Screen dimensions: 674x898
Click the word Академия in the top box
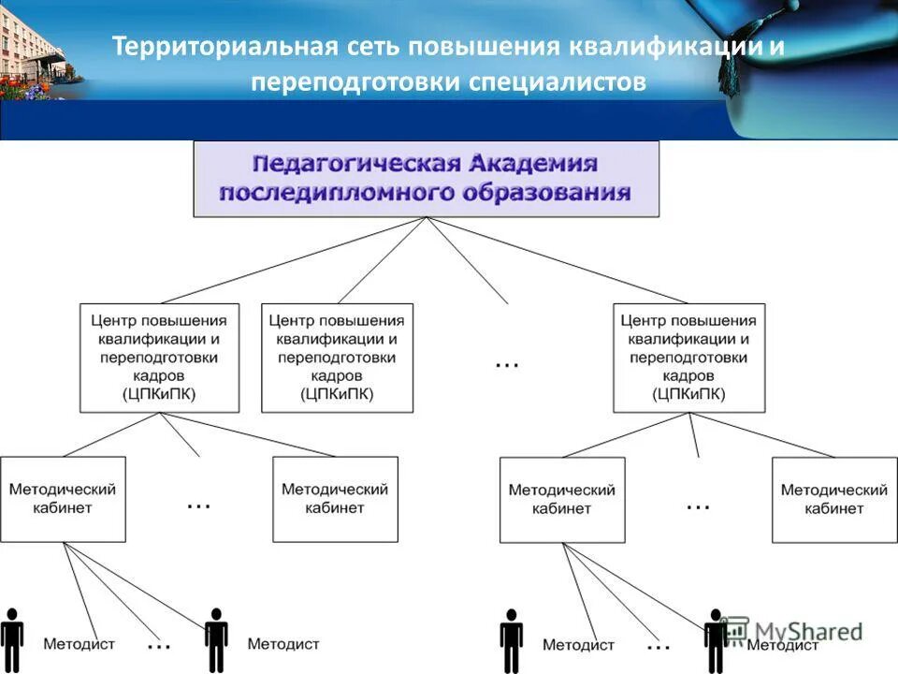point(533,164)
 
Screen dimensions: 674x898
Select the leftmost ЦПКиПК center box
point(159,357)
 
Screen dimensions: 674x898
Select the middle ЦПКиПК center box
point(337,357)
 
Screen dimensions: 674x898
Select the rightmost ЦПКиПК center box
point(688,357)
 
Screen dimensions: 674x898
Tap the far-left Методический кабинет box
point(63,499)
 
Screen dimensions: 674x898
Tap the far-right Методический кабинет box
point(833,499)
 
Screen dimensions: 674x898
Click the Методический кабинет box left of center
point(335,499)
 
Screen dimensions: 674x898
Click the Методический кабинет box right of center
point(562,499)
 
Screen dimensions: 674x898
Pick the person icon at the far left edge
point(11,639)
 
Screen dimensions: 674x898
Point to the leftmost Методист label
point(79,644)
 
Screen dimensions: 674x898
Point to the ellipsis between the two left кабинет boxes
point(198,504)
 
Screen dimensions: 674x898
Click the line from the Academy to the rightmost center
point(561,261)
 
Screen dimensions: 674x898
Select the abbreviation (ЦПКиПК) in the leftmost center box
point(159,394)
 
